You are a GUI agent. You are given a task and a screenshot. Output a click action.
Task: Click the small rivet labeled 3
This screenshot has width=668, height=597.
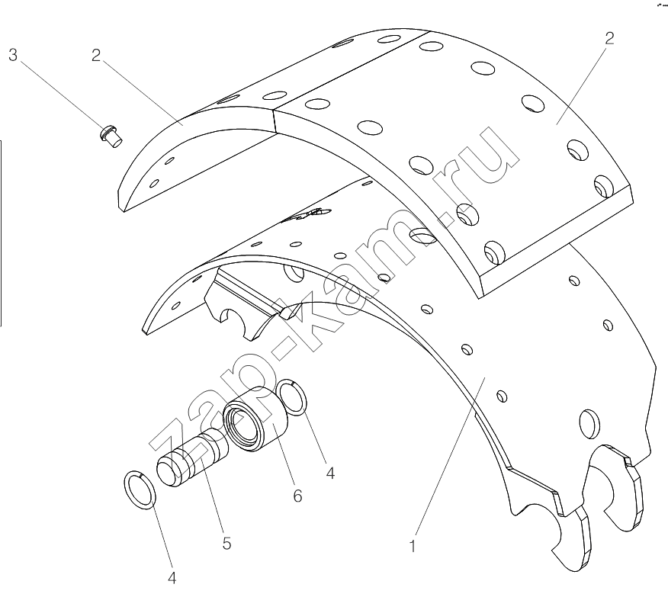(x=111, y=136)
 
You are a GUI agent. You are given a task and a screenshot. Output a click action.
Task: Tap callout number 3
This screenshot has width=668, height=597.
(x=13, y=55)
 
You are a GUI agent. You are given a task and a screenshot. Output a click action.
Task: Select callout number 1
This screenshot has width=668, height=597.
(x=412, y=546)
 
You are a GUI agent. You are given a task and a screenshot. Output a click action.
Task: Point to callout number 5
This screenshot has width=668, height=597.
(x=226, y=544)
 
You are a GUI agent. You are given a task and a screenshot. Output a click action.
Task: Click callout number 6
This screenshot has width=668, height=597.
(x=297, y=496)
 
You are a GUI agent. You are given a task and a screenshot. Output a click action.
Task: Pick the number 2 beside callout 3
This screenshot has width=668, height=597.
(x=96, y=55)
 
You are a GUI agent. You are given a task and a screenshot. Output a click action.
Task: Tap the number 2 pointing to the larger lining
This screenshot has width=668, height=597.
(x=609, y=38)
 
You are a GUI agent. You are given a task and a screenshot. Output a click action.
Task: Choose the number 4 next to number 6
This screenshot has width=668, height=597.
(x=330, y=473)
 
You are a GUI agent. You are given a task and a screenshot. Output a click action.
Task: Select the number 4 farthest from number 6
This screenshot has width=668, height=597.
(x=172, y=578)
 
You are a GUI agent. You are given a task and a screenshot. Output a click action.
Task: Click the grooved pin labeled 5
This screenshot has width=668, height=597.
(x=192, y=457)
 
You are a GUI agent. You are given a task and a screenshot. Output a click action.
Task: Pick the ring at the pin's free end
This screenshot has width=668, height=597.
(x=140, y=490)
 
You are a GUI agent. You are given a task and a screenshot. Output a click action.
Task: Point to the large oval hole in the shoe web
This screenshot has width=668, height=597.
(x=589, y=424)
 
